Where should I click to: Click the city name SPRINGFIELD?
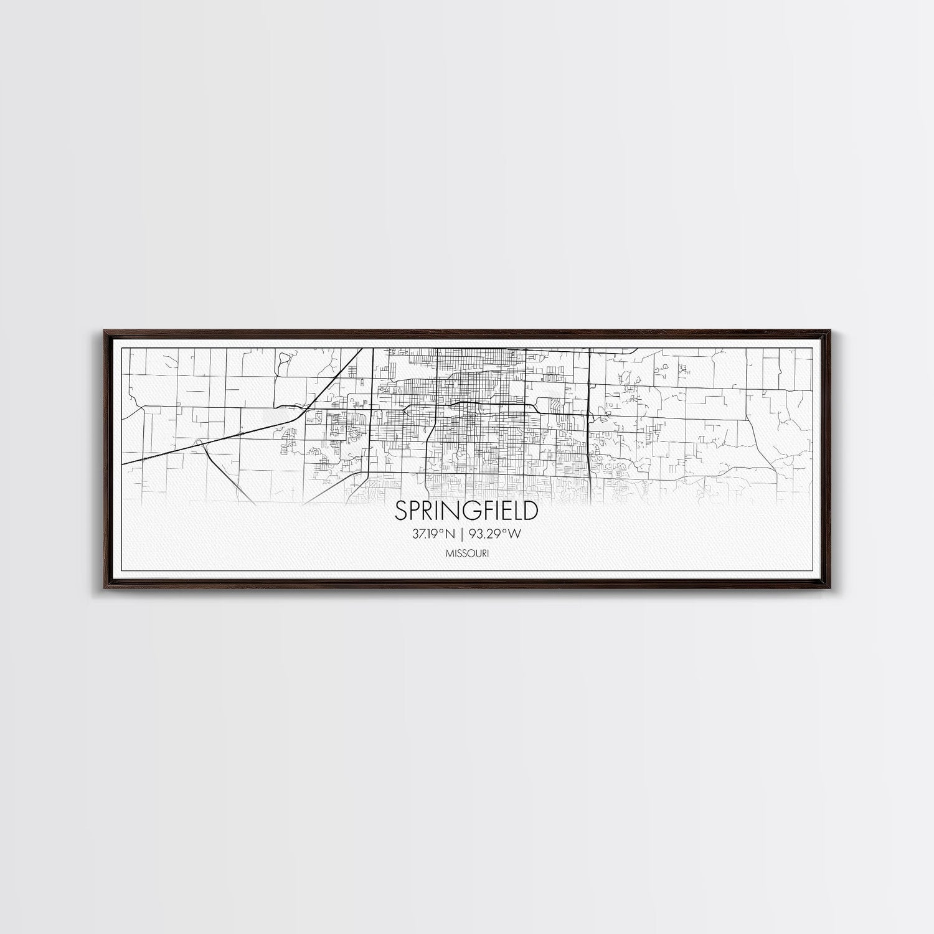(466, 511)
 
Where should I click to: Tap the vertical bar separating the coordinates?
(466, 533)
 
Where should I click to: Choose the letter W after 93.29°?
(516, 533)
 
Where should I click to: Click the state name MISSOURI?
(466, 552)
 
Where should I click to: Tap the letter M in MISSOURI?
(448, 552)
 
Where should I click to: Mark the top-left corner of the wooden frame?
(101, 331)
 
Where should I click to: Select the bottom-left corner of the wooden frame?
(101, 588)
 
